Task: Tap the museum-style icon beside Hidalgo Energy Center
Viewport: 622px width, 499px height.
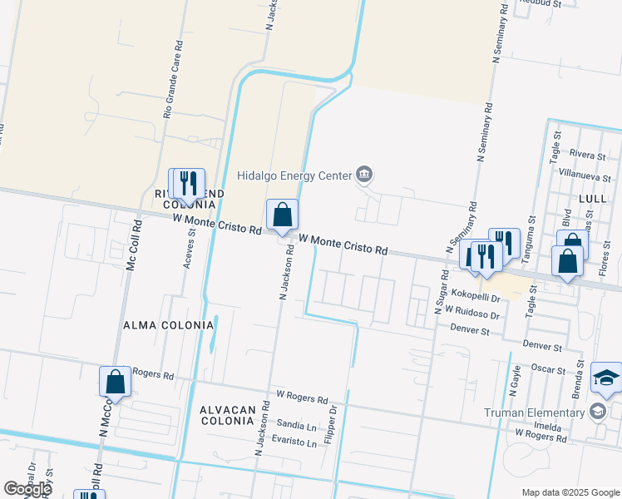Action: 364,175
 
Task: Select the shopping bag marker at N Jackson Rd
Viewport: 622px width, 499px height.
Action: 283,215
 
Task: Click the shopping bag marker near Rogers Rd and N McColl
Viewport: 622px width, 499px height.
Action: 116,383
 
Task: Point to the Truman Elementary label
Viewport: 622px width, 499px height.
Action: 534,413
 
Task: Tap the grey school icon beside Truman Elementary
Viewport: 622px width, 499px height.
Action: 597,412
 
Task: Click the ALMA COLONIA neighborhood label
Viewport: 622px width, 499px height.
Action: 168,324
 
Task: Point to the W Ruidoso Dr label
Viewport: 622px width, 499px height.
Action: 472,313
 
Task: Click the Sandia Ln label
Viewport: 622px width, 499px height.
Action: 297,425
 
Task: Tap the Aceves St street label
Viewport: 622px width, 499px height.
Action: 190,248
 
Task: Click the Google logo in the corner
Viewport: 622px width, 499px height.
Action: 27,489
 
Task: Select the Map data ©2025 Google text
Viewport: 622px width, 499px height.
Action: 570,492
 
